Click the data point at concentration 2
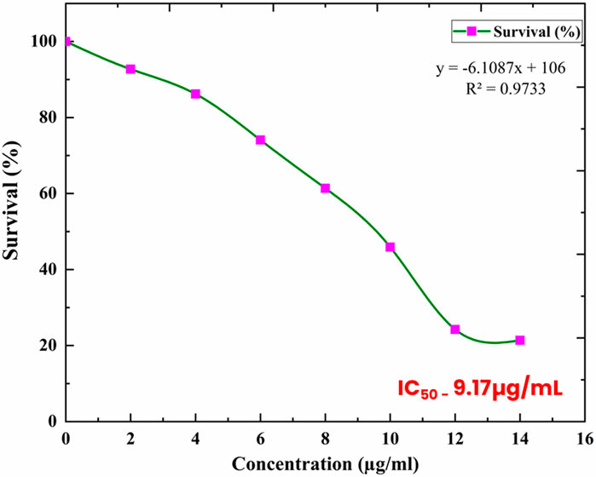click(x=130, y=69)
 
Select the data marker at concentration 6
click(x=260, y=140)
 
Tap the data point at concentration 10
click(x=390, y=247)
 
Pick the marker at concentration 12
click(x=454, y=330)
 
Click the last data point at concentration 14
click(x=519, y=340)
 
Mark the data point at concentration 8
click(x=325, y=188)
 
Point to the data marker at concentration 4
click(x=195, y=94)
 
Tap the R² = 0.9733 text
click(x=499, y=86)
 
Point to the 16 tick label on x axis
click(x=584, y=437)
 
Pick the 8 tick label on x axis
click(x=325, y=437)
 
